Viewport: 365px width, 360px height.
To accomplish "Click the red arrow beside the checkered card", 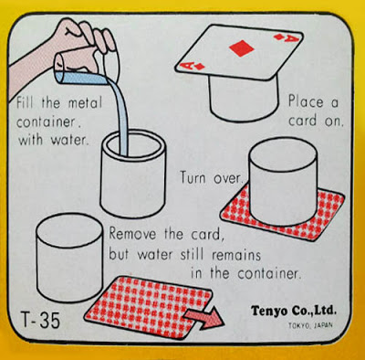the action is (x=205, y=317).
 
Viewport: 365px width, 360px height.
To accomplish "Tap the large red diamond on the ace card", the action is (x=242, y=48).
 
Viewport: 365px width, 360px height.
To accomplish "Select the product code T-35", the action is (x=40, y=320).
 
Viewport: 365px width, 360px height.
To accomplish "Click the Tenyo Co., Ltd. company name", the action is (x=294, y=311).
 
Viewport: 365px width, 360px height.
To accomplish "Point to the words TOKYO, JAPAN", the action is (x=310, y=325).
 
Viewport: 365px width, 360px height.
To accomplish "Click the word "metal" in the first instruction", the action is (x=85, y=102).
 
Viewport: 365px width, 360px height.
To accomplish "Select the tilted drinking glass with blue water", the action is (x=81, y=68).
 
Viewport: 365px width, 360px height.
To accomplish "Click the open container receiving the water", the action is (x=133, y=173).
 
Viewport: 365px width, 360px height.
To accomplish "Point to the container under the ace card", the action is (x=244, y=98).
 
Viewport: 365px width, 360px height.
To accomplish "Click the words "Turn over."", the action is (x=212, y=177).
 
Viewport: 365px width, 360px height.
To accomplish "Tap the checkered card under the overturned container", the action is (x=282, y=213).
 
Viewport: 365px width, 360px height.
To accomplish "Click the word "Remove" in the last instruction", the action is (x=132, y=234).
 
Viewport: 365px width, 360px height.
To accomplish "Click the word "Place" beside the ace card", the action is (x=306, y=101).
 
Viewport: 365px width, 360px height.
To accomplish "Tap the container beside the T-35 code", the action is (x=69, y=258).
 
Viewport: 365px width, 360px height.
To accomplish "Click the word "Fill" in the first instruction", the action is (x=26, y=102).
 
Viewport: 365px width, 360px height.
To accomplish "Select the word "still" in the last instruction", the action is (x=192, y=254).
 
